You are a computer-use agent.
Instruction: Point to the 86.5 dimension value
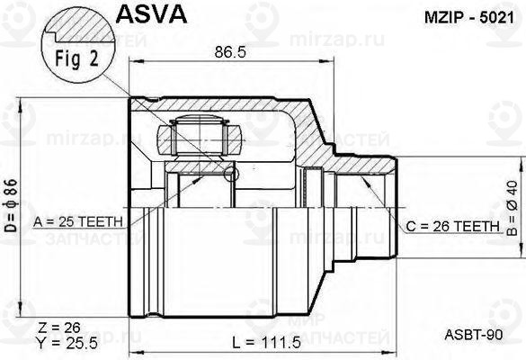[x=225, y=53]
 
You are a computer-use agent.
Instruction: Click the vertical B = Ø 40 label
[x=512, y=207]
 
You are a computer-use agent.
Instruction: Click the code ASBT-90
[x=472, y=334]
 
